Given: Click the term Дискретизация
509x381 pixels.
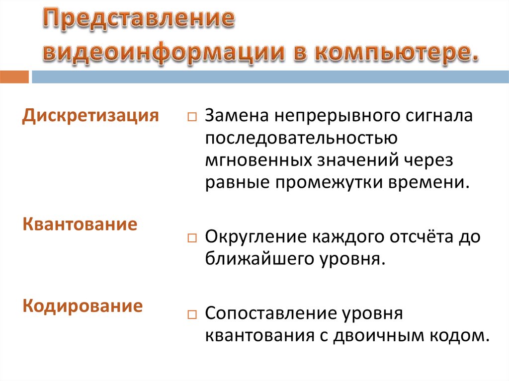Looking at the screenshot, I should (x=91, y=116).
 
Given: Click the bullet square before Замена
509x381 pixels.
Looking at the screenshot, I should (x=192, y=119).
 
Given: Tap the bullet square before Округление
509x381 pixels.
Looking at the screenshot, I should (x=192, y=238).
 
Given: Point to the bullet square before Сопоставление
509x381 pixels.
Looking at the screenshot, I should (x=192, y=315).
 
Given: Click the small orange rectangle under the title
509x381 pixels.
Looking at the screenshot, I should (x=14, y=77).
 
